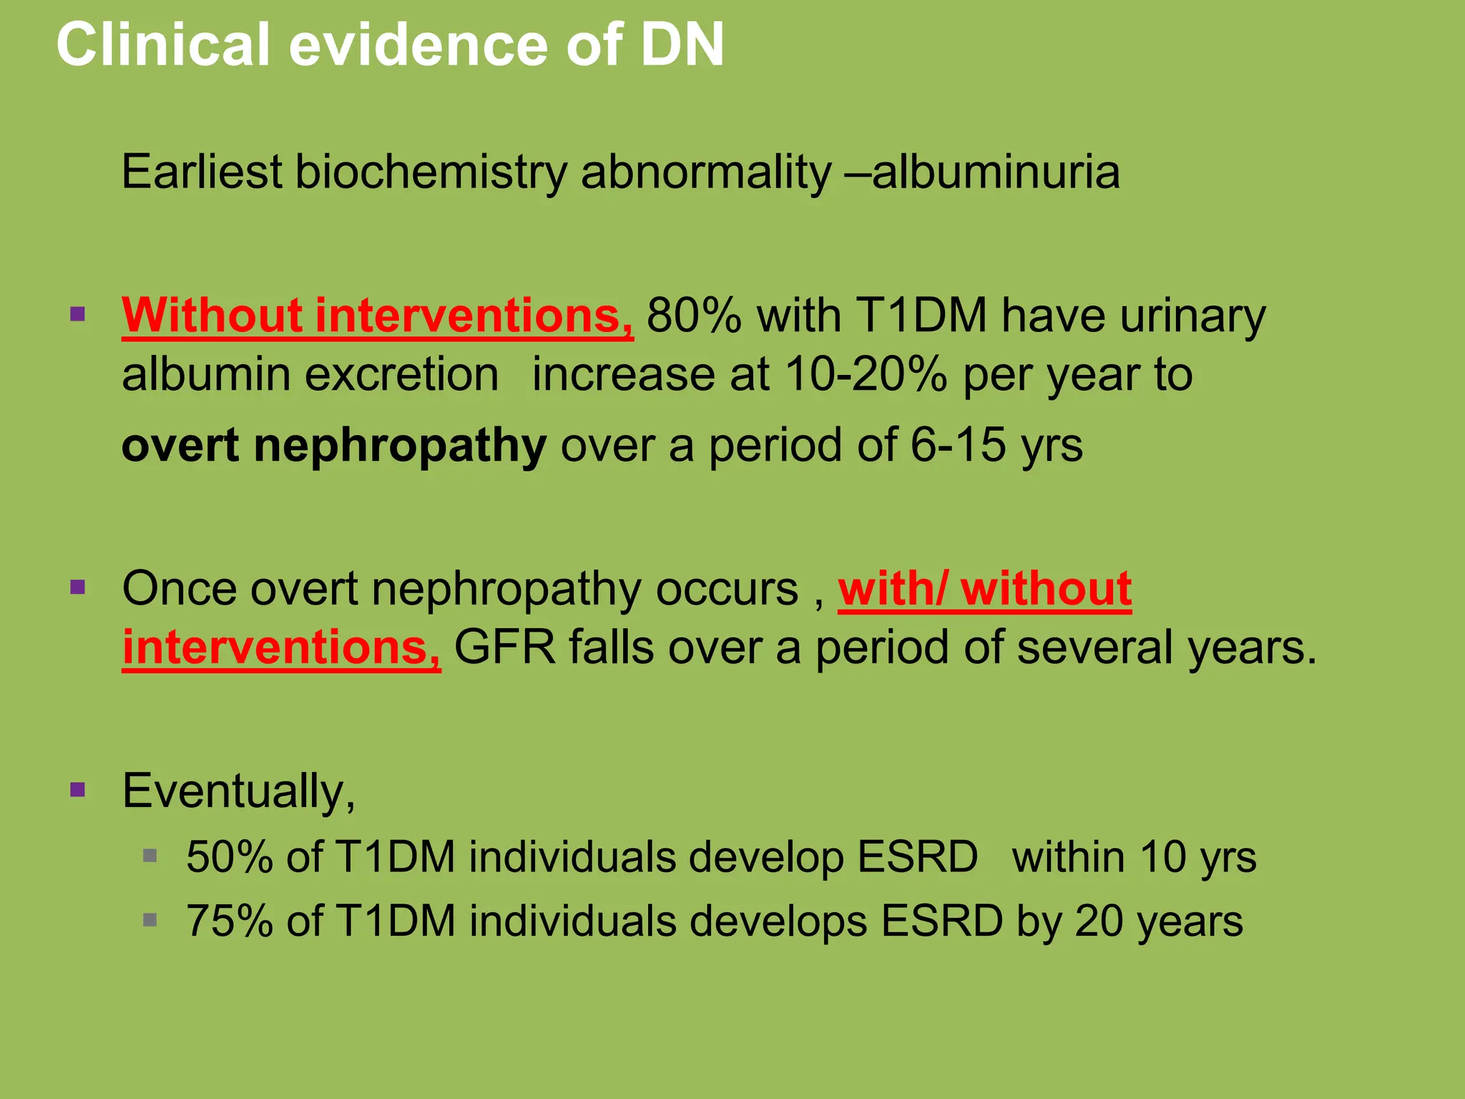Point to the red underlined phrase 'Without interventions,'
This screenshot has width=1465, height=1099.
point(378,316)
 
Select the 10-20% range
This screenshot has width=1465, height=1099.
point(866,374)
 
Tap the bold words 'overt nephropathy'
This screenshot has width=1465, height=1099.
point(334,445)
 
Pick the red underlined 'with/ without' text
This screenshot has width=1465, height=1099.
point(984,589)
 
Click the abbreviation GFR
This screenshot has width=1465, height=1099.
point(505,648)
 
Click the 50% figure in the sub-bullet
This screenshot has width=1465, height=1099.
point(229,856)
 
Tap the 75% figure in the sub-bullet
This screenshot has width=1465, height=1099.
point(229,921)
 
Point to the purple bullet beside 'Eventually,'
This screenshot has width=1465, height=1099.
point(78,790)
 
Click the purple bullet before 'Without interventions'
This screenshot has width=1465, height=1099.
point(78,313)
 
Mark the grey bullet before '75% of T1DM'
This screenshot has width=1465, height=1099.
point(150,919)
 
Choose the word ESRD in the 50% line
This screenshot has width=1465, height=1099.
point(917,856)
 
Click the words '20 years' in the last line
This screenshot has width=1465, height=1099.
point(1159,921)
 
